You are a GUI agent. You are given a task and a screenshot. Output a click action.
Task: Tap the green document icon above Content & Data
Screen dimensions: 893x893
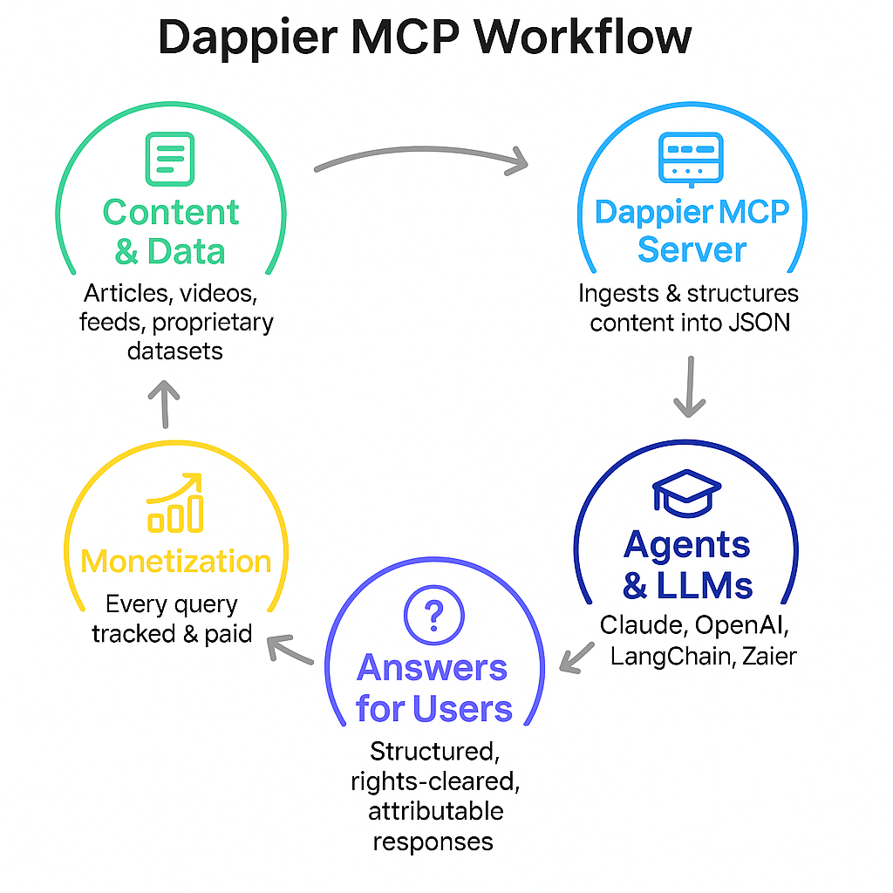pos(171,158)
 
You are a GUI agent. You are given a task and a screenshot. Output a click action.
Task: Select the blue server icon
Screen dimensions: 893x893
pos(690,160)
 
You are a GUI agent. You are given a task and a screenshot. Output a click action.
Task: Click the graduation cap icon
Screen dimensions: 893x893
pos(687,494)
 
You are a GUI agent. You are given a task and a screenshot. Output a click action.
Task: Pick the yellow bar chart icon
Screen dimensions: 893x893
pos(176,505)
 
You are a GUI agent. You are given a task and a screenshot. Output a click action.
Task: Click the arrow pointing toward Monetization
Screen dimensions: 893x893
pos(290,650)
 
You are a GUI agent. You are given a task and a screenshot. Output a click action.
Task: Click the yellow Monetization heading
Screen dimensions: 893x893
pos(176,561)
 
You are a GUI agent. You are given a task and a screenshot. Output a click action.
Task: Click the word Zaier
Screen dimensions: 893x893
pos(769,655)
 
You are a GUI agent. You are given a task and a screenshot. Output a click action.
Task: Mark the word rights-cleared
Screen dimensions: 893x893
pos(435,781)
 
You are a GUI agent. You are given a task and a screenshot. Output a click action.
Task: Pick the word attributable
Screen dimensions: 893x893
pos(435,811)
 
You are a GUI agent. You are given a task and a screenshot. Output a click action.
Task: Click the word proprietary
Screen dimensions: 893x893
pos(213,322)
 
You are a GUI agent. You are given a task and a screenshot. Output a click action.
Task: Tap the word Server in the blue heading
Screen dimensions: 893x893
pos(692,250)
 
